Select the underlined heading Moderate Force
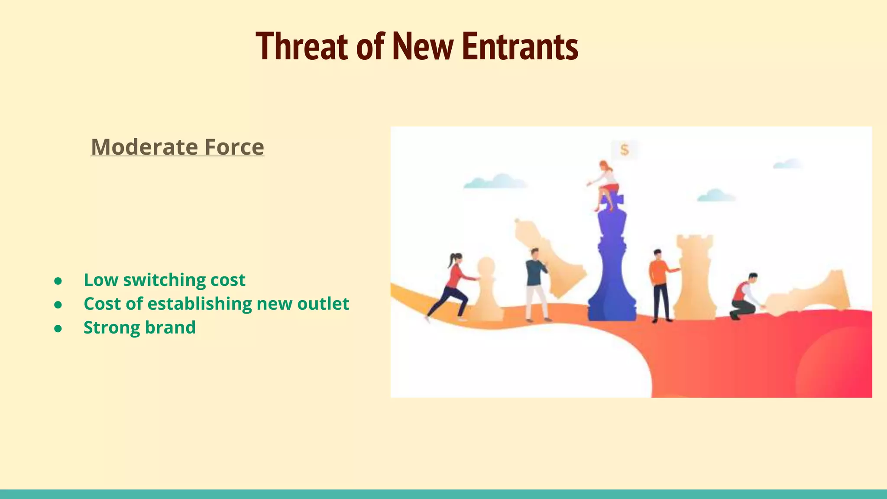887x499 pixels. (177, 147)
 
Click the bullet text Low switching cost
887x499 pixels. (164, 280)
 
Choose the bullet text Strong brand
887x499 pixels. (139, 327)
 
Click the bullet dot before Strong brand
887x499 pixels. (58, 329)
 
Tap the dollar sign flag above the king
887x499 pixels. (624, 150)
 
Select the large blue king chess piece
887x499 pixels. (612, 269)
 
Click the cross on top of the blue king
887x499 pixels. (612, 201)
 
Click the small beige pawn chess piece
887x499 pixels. (487, 290)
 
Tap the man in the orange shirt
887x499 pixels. (660, 284)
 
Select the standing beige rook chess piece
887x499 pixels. (694, 277)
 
